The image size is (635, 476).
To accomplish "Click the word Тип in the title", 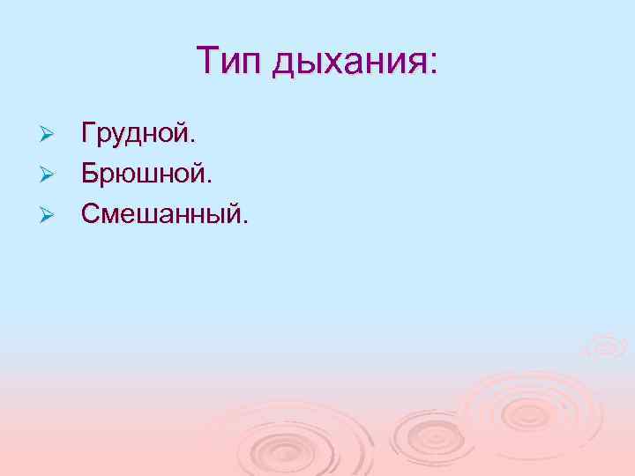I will tap(229, 62).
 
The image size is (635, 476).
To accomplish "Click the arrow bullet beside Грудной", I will tap(49, 136).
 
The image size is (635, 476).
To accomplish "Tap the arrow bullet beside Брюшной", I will tap(49, 174).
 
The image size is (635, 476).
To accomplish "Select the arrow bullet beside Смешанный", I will tap(49, 212).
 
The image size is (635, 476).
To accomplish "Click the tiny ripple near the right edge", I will tap(606, 346).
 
